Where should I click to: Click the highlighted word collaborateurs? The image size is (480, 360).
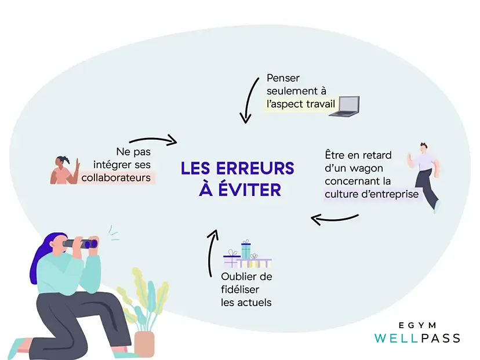[118, 177]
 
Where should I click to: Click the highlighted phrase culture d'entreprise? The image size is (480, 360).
[371, 194]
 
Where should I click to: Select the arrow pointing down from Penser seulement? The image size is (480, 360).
[248, 102]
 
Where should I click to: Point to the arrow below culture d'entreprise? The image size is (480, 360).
[334, 219]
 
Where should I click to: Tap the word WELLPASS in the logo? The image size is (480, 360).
[417, 338]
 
